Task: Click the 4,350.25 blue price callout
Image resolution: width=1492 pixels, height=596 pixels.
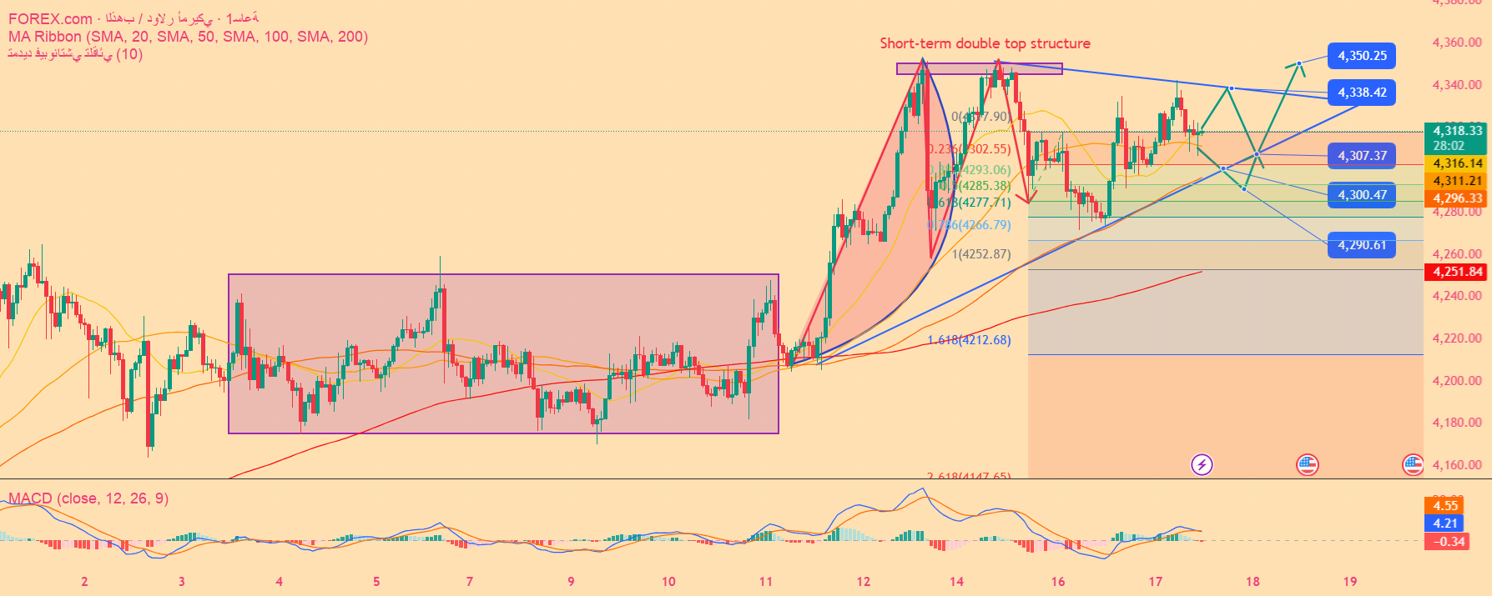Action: (1362, 56)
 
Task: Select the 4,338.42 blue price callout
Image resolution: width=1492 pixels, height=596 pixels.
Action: (1362, 93)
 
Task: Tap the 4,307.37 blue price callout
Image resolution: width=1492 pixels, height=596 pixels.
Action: (1362, 156)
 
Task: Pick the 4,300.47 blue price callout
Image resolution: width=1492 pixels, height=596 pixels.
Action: (1362, 195)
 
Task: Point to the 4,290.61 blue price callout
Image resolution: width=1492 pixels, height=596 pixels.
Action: (1362, 245)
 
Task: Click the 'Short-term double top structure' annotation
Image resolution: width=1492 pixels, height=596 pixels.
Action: (985, 43)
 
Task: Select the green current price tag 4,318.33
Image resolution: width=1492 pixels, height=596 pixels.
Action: (1457, 131)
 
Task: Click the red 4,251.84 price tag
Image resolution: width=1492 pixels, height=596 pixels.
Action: (1457, 272)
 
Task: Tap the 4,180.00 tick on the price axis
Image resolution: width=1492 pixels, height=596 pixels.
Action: (1457, 423)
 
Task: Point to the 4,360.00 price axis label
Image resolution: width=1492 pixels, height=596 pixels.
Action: (1457, 43)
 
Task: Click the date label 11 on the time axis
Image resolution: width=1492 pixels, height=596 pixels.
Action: (766, 582)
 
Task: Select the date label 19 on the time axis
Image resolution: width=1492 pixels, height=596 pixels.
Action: (1350, 582)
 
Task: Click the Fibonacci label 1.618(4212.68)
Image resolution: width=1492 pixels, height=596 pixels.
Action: (969, 340)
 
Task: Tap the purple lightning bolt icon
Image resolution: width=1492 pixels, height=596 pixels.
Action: (1202, 464)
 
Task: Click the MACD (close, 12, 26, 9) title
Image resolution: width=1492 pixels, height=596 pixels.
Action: (88, 498)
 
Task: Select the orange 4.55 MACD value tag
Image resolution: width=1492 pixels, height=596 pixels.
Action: (1445, 506)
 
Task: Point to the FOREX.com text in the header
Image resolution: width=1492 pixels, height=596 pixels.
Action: (50, 19)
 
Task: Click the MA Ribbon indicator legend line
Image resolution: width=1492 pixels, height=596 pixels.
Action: (188, 37)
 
